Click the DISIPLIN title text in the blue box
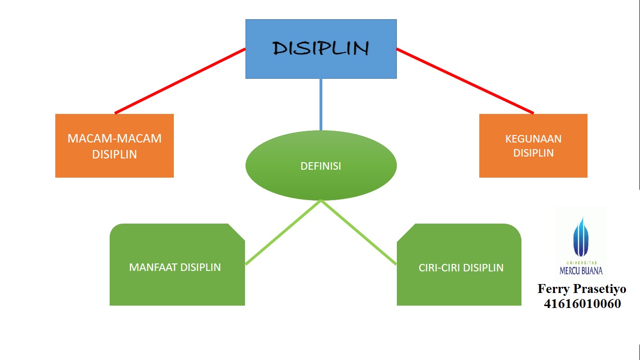[320, 48]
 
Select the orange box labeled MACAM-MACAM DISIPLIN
[114, 145]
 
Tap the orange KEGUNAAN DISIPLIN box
[533, 145]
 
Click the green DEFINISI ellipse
[321, 165]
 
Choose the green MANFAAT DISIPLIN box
[177, 264]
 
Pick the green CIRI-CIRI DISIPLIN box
[459, 264]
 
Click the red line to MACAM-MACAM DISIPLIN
[180, 81]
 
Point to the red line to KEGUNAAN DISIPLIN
[465, 81]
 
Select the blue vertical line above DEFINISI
[321, 105]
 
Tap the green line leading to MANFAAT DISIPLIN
[283, 232]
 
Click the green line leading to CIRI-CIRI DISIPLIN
[359, 232]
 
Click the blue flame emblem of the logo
[581, 237]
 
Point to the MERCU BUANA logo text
[581, 270]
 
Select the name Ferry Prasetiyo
[582, 289]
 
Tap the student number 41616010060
[582, 304]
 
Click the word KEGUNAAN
[533, 139]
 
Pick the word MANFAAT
[153, 267]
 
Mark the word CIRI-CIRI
[439, 268]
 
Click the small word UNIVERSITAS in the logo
[582, 263]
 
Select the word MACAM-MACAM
[114, 139]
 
